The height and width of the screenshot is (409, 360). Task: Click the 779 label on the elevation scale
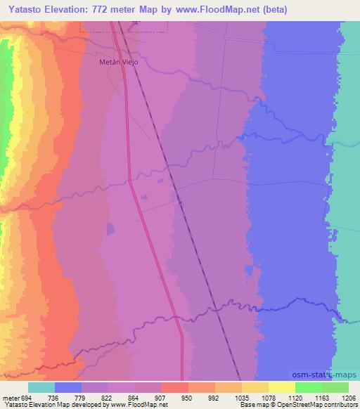pyautogui.click(x=95, y=397)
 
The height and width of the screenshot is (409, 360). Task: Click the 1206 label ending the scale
pyautogui.click(x=348, y=397)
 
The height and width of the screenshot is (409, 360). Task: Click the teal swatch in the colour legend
pyautogui.click(x=41, y=387)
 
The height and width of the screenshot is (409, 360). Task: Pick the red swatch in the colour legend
pyautogui.click(x=175, y=387)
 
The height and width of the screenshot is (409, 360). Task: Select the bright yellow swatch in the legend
pyautogui.click(x=282, y=387)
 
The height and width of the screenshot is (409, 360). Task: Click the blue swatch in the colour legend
pyautogui.click(x=68, y=387)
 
